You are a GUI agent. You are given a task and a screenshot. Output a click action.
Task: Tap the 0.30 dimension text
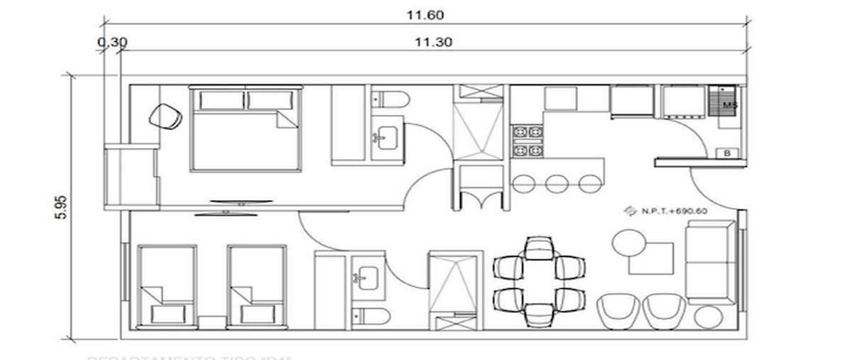[x=112, y=41]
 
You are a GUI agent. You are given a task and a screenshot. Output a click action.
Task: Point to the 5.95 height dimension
[x=60, y=207]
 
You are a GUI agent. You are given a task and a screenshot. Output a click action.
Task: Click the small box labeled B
[x=728, y=153]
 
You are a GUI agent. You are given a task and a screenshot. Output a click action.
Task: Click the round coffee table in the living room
[x=630, y=243]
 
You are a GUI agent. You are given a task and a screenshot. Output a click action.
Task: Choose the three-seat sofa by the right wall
[x=710, y=262]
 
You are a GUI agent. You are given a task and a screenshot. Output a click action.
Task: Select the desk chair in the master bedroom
[x=168, y=116]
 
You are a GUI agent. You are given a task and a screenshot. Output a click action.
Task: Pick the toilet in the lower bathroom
[x=372, y=318]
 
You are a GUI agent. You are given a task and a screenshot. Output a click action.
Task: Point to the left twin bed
[x=166, y=288]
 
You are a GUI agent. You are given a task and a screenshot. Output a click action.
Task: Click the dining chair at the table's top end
[x=540, y=248]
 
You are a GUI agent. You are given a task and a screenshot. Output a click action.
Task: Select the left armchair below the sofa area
[x=618, y=312]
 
